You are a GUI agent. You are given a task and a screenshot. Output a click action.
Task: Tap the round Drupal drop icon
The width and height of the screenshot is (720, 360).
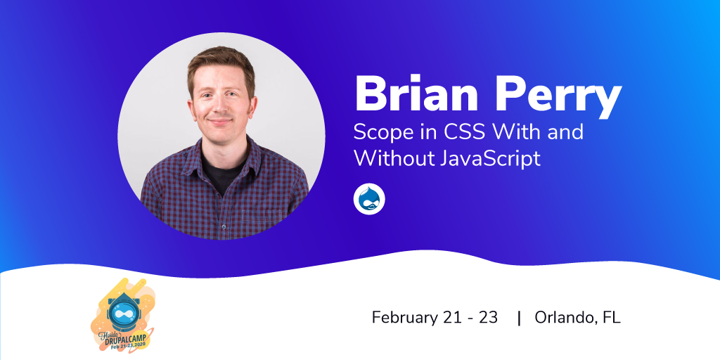point(368,198)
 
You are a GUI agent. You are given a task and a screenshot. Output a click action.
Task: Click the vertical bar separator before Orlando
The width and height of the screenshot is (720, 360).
point(519,318)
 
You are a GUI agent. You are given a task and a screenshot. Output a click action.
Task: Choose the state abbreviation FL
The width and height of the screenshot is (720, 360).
point(612,318)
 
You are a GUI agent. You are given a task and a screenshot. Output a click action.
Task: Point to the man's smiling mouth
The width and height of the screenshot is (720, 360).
point(220,122)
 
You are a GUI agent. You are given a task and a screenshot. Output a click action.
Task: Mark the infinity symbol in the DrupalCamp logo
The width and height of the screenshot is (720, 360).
point(122,314)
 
